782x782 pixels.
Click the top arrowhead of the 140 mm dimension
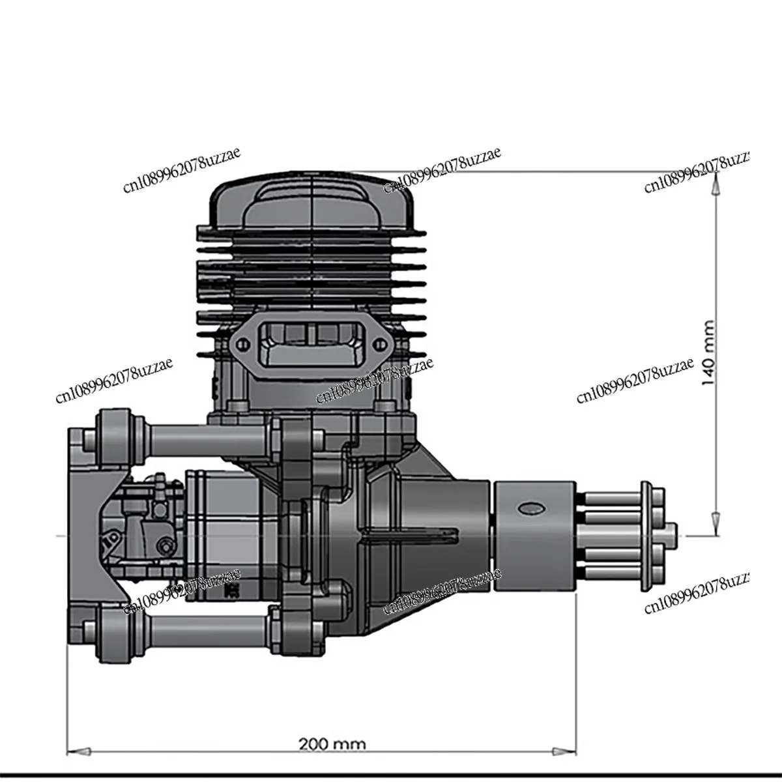[715, 185]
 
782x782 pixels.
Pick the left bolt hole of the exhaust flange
[240, 347]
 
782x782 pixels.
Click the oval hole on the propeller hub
[530, 508]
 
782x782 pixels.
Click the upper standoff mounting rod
[209, 431]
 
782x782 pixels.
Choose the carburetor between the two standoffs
[147, 528]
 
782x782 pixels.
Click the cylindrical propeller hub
[534, 536]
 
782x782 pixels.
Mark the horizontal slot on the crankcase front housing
[411, 536]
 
